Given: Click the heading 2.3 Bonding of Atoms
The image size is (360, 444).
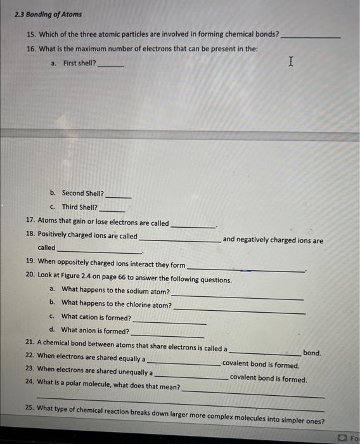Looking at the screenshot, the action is (x=48, y=14).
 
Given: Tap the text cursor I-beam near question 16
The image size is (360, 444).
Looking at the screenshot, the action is (x=290, y=62).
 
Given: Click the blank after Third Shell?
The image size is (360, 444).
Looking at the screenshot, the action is (x=112, y=210).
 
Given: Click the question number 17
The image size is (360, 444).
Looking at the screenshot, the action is (x=30, y=223).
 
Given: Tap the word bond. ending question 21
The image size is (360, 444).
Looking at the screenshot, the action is (x=312, y=353).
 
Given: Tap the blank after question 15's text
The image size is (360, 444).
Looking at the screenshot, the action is (x=310, y=37).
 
